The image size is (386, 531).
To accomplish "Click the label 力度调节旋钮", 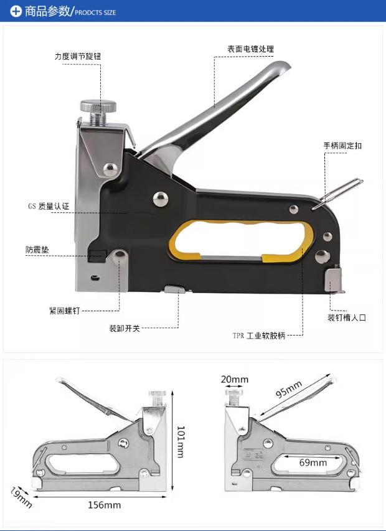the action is point(77,56).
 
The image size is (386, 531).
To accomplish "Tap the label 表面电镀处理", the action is point(250,49).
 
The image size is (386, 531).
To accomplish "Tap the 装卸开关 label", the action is point(125,328).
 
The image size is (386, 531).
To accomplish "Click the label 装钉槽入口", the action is point(347,317).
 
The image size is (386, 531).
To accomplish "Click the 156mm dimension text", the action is point(103,505).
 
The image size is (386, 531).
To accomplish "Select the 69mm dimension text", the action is point(313,463).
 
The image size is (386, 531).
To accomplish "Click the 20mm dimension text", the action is point(234,379).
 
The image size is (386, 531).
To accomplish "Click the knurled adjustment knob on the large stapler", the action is point(98,105).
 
